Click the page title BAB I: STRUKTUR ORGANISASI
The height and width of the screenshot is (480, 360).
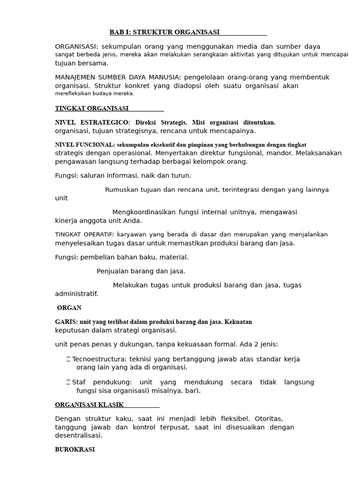point(165,32)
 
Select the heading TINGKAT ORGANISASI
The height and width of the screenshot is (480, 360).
point(92,108)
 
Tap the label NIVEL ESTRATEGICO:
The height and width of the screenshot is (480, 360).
point(92,122)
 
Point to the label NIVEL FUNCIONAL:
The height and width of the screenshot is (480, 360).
point(85,145)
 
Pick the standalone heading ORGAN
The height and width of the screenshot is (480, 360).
point(69,308)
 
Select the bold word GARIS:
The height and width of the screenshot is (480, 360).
point(67,322)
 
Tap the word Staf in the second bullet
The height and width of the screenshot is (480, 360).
point(79,382)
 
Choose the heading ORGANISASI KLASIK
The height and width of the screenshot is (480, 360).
point(90,405)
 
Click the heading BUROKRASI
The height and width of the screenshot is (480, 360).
point(75,450)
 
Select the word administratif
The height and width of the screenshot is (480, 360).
point(76,294)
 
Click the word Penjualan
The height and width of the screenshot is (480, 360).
point(113,271)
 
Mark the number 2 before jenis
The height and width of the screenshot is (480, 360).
point(254,345)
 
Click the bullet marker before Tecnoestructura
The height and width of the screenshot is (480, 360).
point(68,359)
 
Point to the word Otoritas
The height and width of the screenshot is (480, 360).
point(268,418)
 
